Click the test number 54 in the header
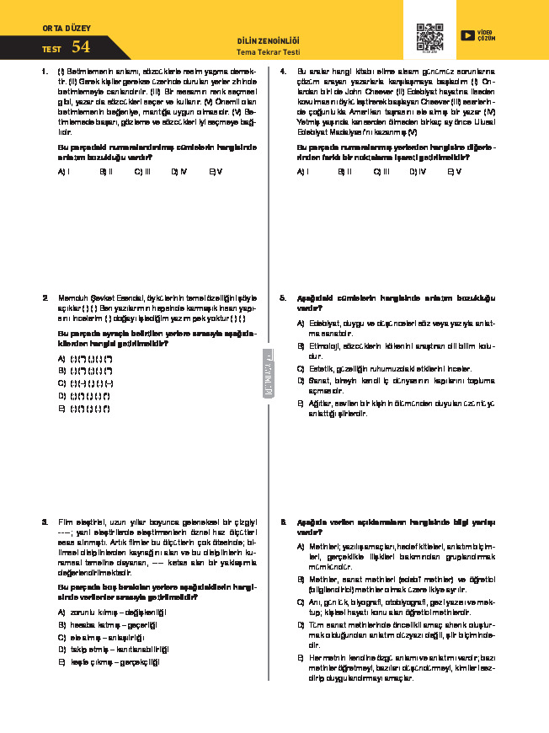click(81, 47)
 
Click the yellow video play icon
click(466, 35)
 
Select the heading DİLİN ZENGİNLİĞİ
click(269, 41)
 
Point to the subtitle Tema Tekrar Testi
click(269, 52)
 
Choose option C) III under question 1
click(141, 171)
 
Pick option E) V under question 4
click(454, 171)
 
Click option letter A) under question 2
click(61, 358)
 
